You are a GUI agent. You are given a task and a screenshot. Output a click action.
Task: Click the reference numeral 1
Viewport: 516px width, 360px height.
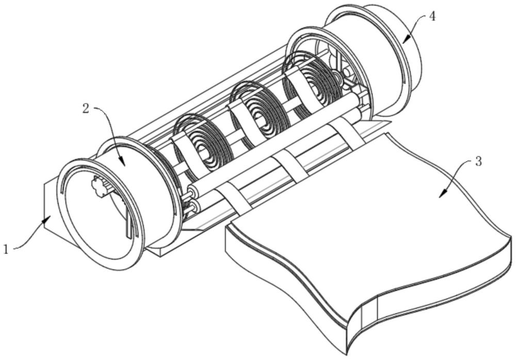point(6,249)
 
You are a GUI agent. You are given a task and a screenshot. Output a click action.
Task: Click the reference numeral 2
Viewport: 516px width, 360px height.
point(86,108)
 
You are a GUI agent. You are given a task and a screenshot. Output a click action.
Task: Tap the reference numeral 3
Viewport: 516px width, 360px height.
point(478,161)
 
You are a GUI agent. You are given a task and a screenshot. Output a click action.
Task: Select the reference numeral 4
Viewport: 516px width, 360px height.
point(432,16)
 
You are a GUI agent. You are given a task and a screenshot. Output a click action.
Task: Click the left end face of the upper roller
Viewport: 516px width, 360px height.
point(192,191)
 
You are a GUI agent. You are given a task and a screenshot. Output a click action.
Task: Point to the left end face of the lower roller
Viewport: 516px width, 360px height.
point(195,207)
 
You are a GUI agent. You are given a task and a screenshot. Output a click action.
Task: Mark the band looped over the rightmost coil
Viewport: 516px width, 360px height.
point(298,86)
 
